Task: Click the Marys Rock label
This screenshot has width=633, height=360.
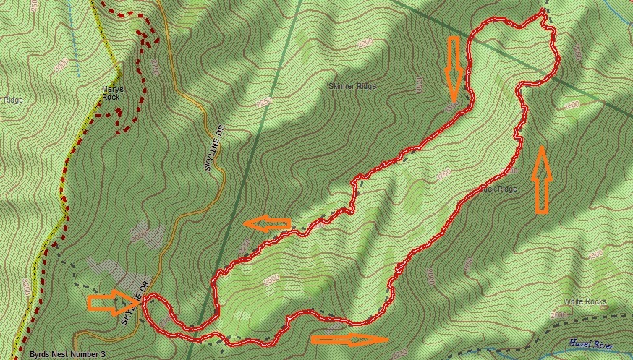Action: coord(112,93)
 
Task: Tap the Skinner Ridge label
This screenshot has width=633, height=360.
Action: coord(352,86)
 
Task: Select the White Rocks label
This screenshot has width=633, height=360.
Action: coord(585,301)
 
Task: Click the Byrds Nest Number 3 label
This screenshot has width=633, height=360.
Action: coord(67,354)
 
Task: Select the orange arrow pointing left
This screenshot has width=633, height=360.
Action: coord(267,224)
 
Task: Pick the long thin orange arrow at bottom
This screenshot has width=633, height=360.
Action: coord(349,338)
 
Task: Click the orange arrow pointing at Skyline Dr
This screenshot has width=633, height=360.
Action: coord(111,303)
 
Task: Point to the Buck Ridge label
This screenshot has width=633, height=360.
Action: coord(498,189)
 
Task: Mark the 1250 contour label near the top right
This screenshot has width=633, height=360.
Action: coord(577,51)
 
